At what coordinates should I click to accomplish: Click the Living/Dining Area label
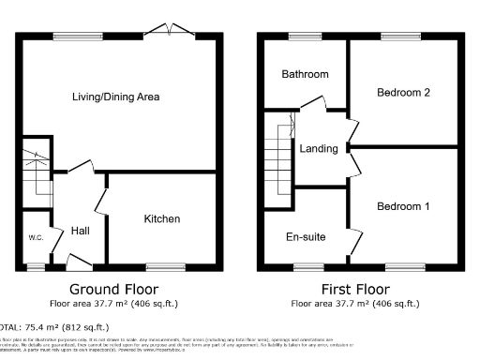pos(116,97)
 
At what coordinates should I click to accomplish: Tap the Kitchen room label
pos(161,218)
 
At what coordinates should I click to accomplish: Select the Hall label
pos(79,231)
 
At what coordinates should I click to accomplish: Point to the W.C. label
pos(36,237)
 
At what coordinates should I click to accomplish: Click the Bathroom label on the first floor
pos(306,74)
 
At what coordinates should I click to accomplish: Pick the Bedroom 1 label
pos(403,206)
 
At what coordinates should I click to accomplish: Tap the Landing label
pos(319,149)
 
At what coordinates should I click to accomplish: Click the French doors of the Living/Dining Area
pos(175,31)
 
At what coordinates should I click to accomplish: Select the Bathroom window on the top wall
pos(303,36)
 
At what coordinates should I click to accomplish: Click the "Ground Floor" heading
pos(114,289)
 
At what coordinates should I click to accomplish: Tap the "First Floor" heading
pos(355,289)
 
